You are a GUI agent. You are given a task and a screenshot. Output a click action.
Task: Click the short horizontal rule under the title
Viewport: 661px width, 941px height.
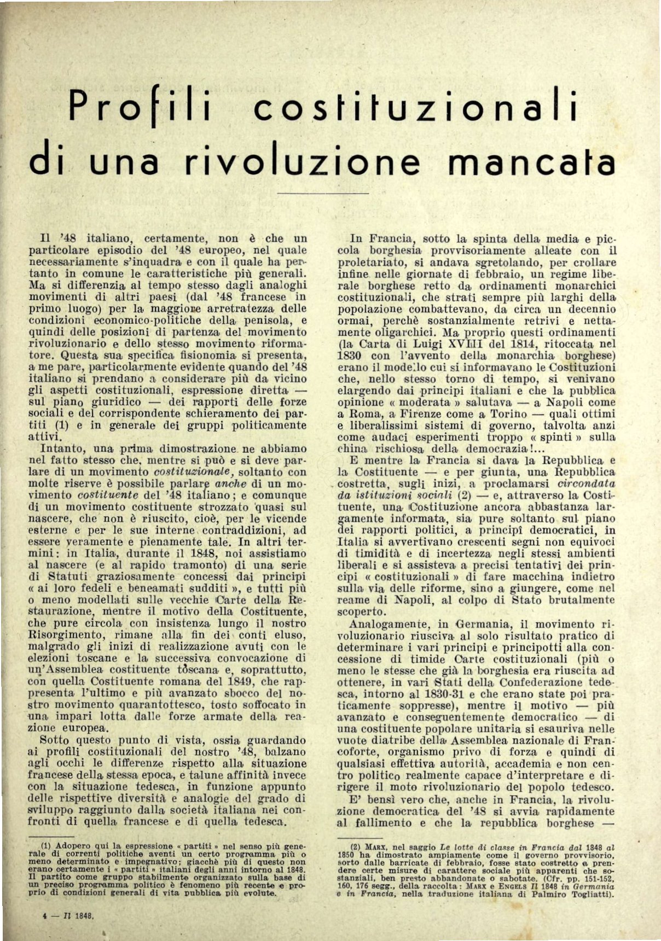point(323,193)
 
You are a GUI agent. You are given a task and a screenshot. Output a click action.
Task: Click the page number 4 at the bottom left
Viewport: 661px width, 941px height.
point(44,914)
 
